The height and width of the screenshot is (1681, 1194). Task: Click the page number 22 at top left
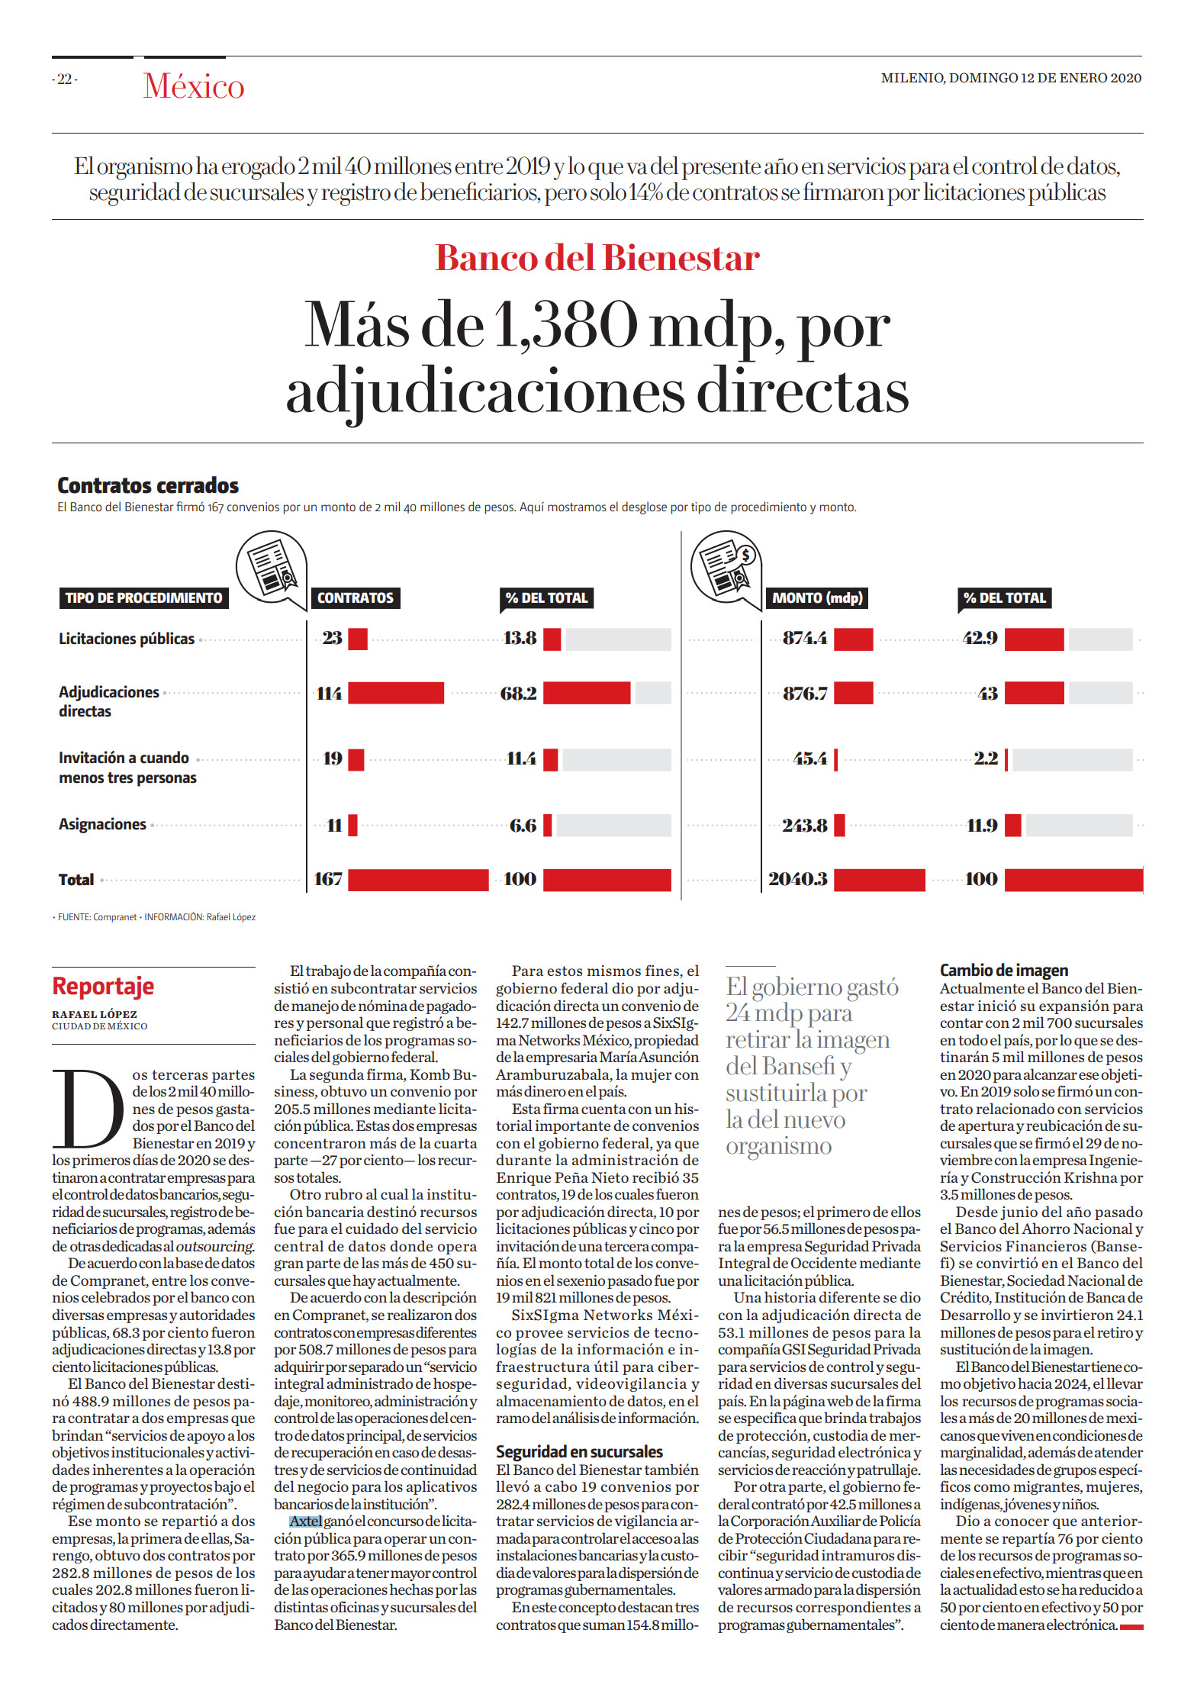[x=66, y=79]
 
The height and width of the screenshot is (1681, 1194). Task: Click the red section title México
[x=194, y=86]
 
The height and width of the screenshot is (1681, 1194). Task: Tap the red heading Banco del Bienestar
[x=597, y=258]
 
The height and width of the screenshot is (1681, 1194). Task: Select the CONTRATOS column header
[x=356, y=597]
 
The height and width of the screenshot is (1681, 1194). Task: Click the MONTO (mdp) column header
[x=817, y=597]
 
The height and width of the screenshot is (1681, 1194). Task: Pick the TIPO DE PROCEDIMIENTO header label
[x=143, y=597]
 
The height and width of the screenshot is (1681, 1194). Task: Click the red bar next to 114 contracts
[x=396, y=693]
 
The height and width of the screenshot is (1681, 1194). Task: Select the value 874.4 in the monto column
[x=805, y=638]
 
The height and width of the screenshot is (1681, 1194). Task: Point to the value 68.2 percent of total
[x=519, y=694]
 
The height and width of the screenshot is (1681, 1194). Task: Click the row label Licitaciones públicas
[x=127, y=639]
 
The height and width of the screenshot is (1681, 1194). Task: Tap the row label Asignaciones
[x=102, y=824]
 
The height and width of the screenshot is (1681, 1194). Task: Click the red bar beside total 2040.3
[x=880, y=879]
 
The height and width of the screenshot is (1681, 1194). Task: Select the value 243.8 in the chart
[x=805, y=826]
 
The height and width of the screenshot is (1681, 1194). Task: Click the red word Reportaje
[x=103, y=986]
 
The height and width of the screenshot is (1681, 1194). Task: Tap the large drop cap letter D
[x=88, y=1109]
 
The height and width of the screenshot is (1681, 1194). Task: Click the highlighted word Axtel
[x=305, y=1521]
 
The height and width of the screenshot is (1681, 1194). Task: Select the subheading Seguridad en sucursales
[x=579, y=1451]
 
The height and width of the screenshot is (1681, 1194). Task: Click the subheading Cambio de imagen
[x=1004, y=970]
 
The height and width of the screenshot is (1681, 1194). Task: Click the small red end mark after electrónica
[x=1131, y=1627]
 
